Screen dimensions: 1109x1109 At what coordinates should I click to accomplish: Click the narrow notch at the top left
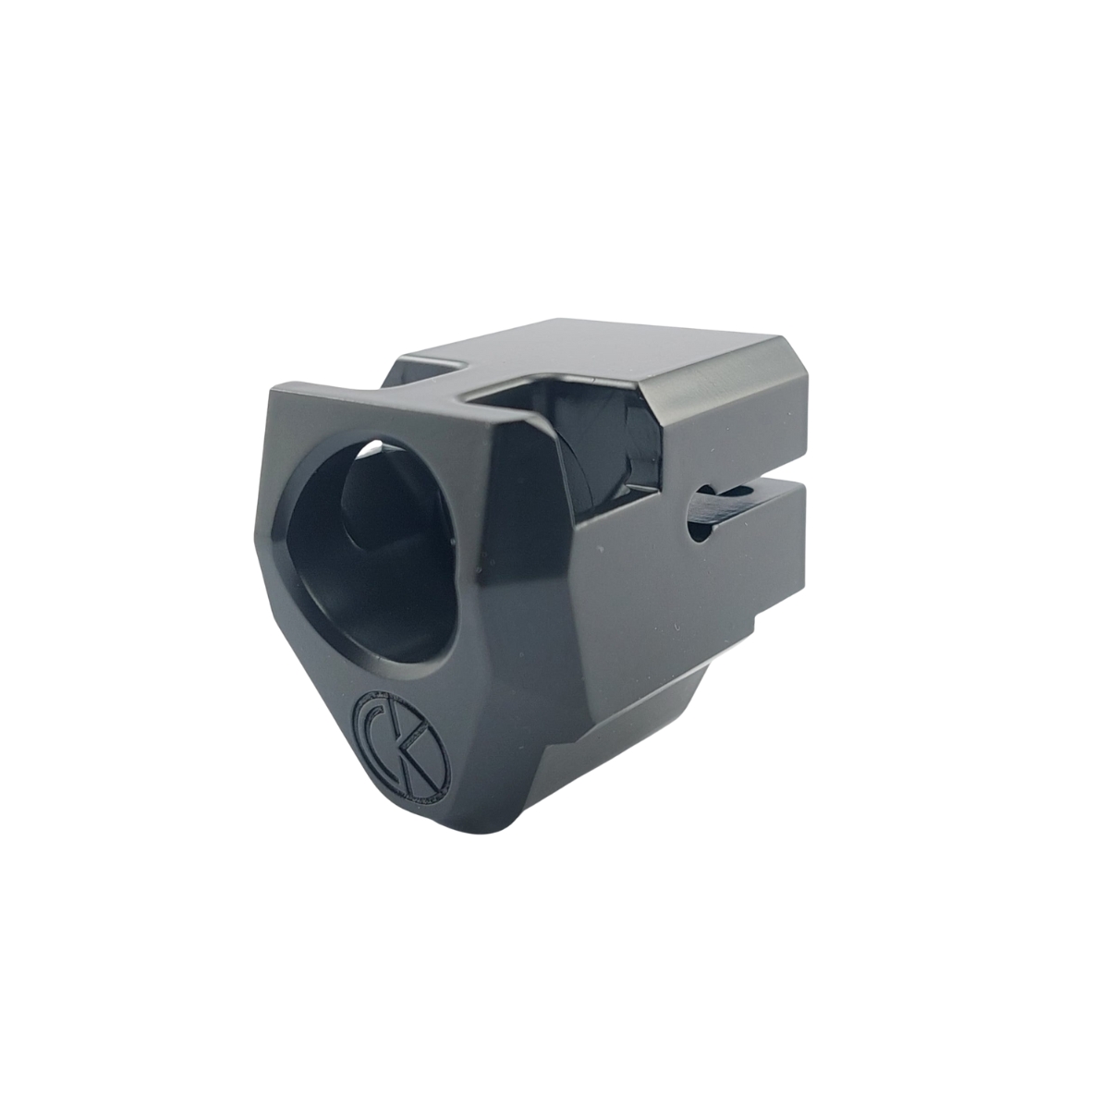[x=431, y=370]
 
